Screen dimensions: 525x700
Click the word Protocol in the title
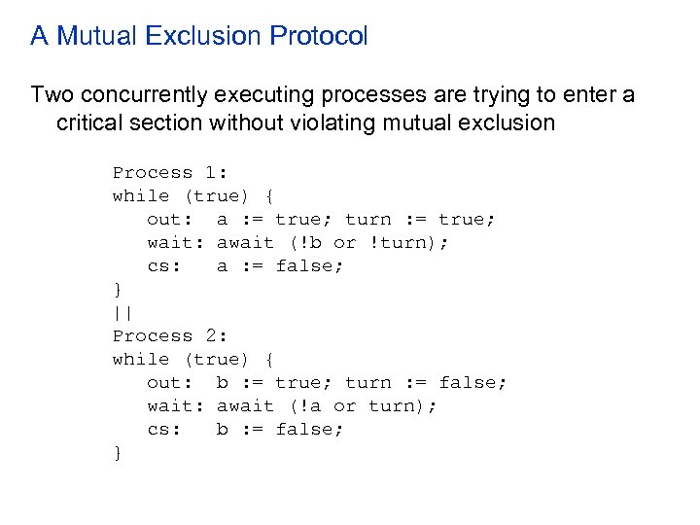(319, 37)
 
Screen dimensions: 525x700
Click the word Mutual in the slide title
(93, 37)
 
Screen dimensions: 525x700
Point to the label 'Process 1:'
(170, 173)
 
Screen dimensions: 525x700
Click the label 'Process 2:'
(170, 336)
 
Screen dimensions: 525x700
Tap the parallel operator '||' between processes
(123, 313)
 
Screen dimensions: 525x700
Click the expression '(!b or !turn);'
(368, 243)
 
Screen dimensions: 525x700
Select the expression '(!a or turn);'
(363, 406)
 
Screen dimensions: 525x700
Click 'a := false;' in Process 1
(280, 266)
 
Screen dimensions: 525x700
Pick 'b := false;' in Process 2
(280, 430)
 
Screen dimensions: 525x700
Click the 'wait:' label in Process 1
(176, 243)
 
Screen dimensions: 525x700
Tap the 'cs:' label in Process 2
(164, 430)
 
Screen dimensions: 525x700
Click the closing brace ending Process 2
(118, 453)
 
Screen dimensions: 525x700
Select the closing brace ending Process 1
(118, 290)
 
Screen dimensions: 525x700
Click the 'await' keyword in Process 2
(245, 406)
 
